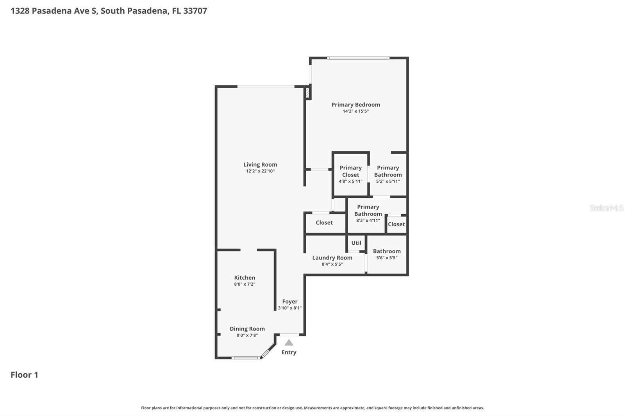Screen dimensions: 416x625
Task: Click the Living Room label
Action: click(260, 165)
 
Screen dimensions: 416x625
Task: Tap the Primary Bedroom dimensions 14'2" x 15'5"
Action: click(355, 111)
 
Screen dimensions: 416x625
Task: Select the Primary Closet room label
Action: click(350, 171)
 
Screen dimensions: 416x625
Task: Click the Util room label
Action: click(356, 243)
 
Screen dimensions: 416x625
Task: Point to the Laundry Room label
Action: click(332, 258)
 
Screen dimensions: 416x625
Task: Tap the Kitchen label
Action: click(245, 278)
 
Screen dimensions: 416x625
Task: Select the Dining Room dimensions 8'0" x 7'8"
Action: click(247, 335)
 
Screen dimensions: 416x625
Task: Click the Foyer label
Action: click(289, 302)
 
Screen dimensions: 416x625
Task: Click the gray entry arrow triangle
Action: click(289, 343)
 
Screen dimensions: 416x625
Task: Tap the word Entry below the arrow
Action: click(289, 352)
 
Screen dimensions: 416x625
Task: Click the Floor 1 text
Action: click(24, 375)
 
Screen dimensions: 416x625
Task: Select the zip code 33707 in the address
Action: click(195, 11)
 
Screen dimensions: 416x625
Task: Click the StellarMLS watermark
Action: click(606, 208)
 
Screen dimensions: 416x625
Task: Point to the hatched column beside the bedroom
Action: click(307, 93)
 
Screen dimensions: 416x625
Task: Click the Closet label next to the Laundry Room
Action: click(324, 222)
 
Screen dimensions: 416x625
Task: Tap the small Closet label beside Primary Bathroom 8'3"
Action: click(396, 224)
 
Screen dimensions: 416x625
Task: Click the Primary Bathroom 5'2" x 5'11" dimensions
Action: click(387, 181)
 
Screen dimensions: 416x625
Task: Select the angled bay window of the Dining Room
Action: click(265, 354)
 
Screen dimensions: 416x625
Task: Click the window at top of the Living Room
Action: click(266, 86)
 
